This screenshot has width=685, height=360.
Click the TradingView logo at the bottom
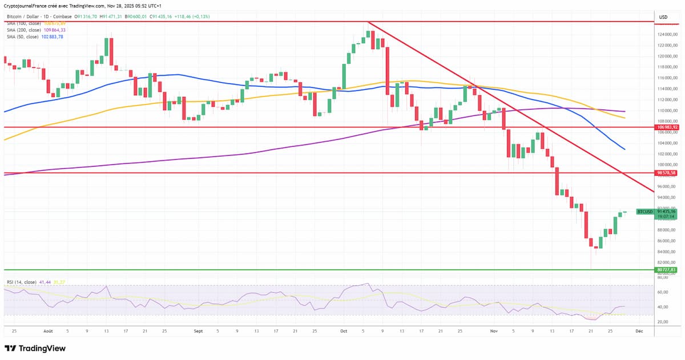(35, 348)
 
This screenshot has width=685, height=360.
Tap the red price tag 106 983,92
(666, 128)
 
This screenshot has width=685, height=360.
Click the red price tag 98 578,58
(666, 172)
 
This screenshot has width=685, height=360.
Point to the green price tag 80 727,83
(666, 269)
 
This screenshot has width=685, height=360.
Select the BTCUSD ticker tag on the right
(644, 212)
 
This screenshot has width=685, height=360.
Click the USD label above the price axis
(663, 17)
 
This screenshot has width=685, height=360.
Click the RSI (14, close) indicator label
(22, 282)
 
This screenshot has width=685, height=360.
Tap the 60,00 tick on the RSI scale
(663, 292)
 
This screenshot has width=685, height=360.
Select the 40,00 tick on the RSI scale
(663, 307)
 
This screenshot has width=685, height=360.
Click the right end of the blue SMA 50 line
(624, 149)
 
